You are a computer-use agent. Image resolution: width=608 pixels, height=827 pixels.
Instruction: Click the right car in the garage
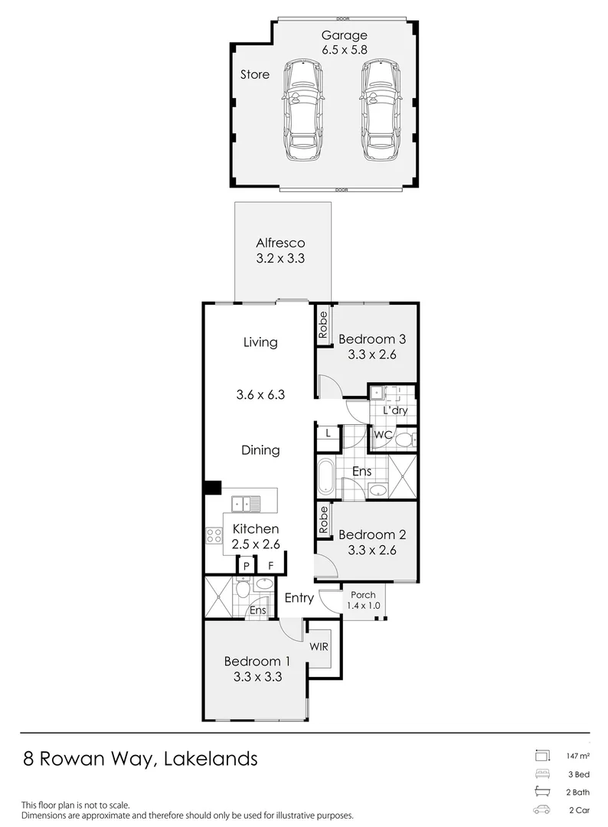(380, 110)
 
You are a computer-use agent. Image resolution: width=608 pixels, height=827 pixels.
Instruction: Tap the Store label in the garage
(255, 75)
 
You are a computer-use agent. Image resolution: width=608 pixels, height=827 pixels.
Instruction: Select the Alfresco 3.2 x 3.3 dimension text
(280, 259)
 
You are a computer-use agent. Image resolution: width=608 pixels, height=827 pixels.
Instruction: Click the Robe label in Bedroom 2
(323, 521)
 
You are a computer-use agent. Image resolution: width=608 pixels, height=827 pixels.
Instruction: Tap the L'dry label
(394, 410)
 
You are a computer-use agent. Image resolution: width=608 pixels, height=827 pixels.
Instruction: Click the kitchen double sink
(246, 503)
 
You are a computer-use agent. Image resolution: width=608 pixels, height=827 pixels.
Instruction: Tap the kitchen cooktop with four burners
(213, 536)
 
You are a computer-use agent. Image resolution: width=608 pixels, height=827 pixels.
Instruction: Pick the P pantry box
(247, 566)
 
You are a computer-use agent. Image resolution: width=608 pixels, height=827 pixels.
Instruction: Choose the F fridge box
(270, 566)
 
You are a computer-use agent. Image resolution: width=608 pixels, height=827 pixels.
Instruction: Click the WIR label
(319, 646)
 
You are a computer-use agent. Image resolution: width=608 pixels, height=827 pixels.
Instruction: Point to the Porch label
(363, 595)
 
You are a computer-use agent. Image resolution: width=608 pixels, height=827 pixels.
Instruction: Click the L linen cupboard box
(328, 433)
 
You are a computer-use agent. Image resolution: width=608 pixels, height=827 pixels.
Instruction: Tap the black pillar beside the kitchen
(212, 488)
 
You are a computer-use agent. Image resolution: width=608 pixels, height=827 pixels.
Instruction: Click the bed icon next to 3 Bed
(542, 773)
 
